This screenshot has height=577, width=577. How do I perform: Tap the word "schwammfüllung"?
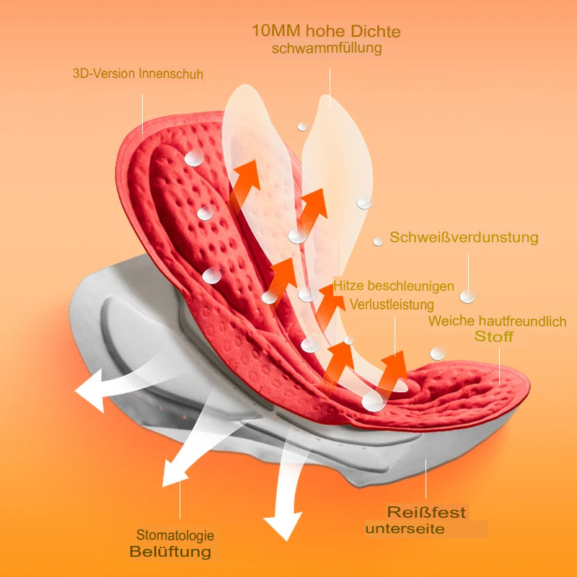click(326, 49)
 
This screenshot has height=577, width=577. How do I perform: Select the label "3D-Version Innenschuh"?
click(138, 74)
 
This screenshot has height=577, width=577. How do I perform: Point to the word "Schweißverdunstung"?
click(464, 237)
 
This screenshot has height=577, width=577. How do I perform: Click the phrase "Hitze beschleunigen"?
click(394, 286)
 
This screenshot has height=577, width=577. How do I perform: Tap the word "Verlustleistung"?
click(392, 304)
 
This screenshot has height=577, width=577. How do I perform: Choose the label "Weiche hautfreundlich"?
click(497, 322)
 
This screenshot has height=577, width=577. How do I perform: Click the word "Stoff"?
click(494, 337)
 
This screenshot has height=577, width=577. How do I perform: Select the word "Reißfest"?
click(427, 513)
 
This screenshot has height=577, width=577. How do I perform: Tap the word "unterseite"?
click(405, 530)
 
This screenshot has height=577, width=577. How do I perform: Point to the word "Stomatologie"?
click(175, 536)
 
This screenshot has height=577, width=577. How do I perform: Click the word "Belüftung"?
click(171, 552)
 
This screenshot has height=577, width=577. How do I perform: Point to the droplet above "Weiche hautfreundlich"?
click(468, 296)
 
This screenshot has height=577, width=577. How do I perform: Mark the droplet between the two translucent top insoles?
click(301, 127)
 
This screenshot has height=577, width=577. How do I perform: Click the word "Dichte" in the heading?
click(374, 32)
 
